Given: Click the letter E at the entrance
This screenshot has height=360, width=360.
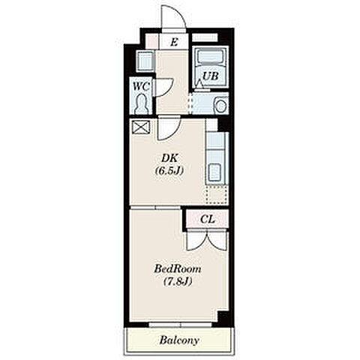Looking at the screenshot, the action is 174,42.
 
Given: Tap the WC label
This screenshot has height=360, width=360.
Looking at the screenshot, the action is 141,86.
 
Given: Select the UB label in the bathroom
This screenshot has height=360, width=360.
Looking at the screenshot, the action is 211,76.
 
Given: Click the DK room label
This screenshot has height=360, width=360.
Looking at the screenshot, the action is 169,158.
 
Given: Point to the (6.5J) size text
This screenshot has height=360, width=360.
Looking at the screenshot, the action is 169,171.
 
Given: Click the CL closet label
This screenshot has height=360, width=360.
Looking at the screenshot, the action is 208,219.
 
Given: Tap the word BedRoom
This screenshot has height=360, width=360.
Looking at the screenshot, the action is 178,269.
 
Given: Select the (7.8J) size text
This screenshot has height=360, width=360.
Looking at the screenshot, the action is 178,282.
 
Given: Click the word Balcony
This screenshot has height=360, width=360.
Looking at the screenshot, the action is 179,340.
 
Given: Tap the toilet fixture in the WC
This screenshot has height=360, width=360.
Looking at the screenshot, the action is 142,103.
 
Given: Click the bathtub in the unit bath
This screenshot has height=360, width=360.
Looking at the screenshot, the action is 211,57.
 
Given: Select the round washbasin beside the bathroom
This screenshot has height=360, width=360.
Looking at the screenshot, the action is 220,106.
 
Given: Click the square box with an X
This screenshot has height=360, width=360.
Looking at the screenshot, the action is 141,127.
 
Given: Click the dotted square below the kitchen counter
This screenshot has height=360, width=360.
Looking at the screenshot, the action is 217,194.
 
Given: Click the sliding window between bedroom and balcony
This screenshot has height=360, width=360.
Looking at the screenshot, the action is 181,325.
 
